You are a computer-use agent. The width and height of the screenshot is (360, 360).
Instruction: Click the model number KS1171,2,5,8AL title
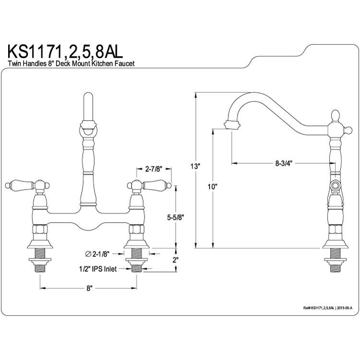[x=65, y=52]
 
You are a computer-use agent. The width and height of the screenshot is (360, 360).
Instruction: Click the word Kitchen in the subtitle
[x=102, y=63]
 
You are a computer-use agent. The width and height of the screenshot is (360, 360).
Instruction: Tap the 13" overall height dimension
[x=195, y=166]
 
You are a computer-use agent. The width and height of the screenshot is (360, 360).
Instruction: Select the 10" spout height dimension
[x=213, y=187]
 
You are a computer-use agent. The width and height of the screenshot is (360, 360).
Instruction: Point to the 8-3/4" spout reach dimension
[x=284, y=164]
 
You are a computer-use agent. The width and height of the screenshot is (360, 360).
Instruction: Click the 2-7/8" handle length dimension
[x=154, y=169]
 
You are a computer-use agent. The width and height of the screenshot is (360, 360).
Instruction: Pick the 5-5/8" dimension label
[x=176, y=217]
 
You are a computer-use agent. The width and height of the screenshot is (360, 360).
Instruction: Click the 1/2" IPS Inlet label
[x=98, y=269]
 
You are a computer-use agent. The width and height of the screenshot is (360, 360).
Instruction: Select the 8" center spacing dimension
[x=89, y=288]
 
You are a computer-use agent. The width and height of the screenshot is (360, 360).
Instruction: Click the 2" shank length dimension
[x=176, y=260]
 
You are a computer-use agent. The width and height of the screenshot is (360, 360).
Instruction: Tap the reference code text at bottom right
[x=328, y=308]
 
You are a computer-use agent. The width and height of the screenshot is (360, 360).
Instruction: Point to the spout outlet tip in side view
[x=232, y=125]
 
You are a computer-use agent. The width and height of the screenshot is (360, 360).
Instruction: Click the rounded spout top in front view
[x=88, y=96]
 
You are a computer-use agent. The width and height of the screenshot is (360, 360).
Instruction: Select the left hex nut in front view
[x=40, y=229]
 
